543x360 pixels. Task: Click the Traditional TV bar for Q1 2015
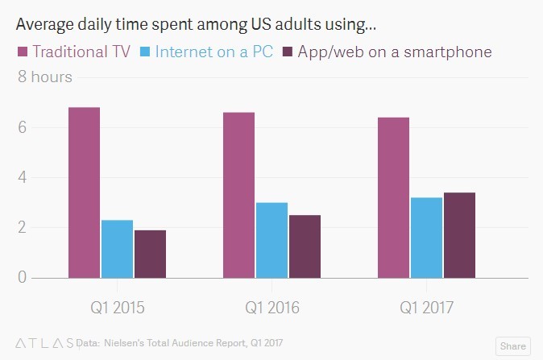(84, 192)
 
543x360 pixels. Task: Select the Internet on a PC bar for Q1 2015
(117, 249)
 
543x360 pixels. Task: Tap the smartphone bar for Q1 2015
(150, 254)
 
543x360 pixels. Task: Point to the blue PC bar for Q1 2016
(271, 240)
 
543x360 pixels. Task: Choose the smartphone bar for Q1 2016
(305, 246)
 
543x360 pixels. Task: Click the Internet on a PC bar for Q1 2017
(426, 238)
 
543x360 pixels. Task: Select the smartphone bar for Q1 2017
(459, 235)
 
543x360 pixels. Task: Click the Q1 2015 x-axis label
(117, 308)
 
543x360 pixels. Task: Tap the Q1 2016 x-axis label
(271, 308)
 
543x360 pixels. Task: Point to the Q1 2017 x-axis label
(426, 308)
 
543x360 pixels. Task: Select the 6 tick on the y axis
(23, 127)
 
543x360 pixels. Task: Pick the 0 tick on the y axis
(23, 278)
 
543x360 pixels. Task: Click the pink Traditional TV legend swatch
(22, 52)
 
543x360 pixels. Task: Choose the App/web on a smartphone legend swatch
(286, 52)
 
